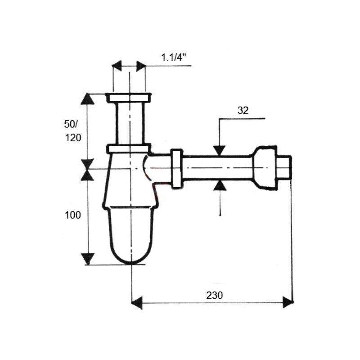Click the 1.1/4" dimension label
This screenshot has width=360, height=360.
pos(173,57)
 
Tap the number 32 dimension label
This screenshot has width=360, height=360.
pos(243,111)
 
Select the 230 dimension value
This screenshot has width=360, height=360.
pos(215,295)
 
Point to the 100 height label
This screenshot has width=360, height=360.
pos(73,215)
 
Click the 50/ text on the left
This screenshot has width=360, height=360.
pos(71,124)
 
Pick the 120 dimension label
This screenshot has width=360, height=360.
pos(73,138)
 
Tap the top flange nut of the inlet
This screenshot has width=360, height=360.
pos(129,98)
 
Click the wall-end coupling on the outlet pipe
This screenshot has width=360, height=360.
pos(265,168)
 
